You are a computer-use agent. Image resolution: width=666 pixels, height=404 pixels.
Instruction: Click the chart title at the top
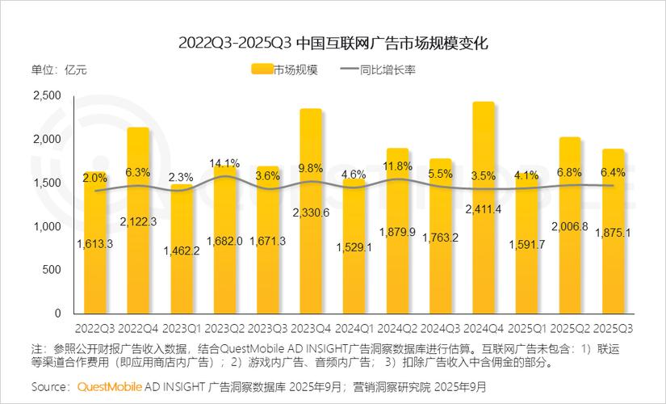tap(333, 42)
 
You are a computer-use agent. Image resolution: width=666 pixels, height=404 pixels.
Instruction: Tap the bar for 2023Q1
tap(182, 275)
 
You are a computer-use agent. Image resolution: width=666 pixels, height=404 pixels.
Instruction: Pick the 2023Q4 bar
tap(311, 259)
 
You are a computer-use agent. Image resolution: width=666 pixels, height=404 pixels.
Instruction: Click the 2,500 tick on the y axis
tap(48, 96)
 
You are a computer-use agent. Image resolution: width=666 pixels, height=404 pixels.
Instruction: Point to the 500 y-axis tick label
tap(52, 269)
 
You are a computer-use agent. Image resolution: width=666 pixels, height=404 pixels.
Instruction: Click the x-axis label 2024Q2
tap(396, 329)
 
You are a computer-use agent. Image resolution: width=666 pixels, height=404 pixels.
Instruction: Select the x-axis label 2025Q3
tap(613, 329)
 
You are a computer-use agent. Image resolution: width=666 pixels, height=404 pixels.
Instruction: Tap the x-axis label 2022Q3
tap(94, 329)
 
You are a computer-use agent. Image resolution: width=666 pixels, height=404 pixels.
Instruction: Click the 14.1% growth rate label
tap(224, 163)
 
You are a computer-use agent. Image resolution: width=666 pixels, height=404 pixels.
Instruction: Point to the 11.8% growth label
tap(397, 167)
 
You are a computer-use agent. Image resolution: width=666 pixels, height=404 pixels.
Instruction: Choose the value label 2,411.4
tap(484, 210)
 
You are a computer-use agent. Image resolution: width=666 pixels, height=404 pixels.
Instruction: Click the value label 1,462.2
tap(182, 250)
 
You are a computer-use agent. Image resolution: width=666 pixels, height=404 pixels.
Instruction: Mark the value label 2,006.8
tap(570, 227)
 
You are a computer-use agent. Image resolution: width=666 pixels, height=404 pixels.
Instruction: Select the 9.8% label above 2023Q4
tap(311, 169)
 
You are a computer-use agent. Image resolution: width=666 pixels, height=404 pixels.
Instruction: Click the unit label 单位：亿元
tap(59, 70)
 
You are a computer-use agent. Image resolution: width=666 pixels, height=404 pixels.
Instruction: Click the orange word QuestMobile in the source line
tap(110, 386)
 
